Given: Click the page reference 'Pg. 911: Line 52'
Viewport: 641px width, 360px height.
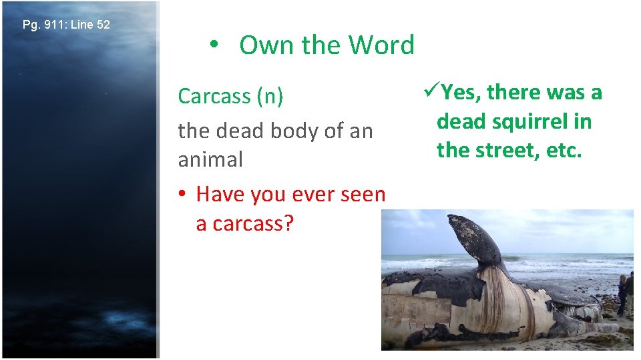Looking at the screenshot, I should (66, 25).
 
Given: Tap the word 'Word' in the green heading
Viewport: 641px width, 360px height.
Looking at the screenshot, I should (384, 45).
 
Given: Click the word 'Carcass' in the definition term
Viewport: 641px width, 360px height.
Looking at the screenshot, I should (214, 97).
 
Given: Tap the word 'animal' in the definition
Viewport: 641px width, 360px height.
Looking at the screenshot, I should (210, 160).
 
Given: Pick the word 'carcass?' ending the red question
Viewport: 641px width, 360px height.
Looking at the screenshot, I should (244, 223).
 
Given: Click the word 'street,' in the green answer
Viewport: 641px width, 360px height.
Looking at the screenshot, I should (509, 150).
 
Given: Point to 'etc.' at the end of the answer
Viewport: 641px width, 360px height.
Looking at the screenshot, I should (565, 150).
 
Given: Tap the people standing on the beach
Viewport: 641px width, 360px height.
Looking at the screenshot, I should (626, 293).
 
